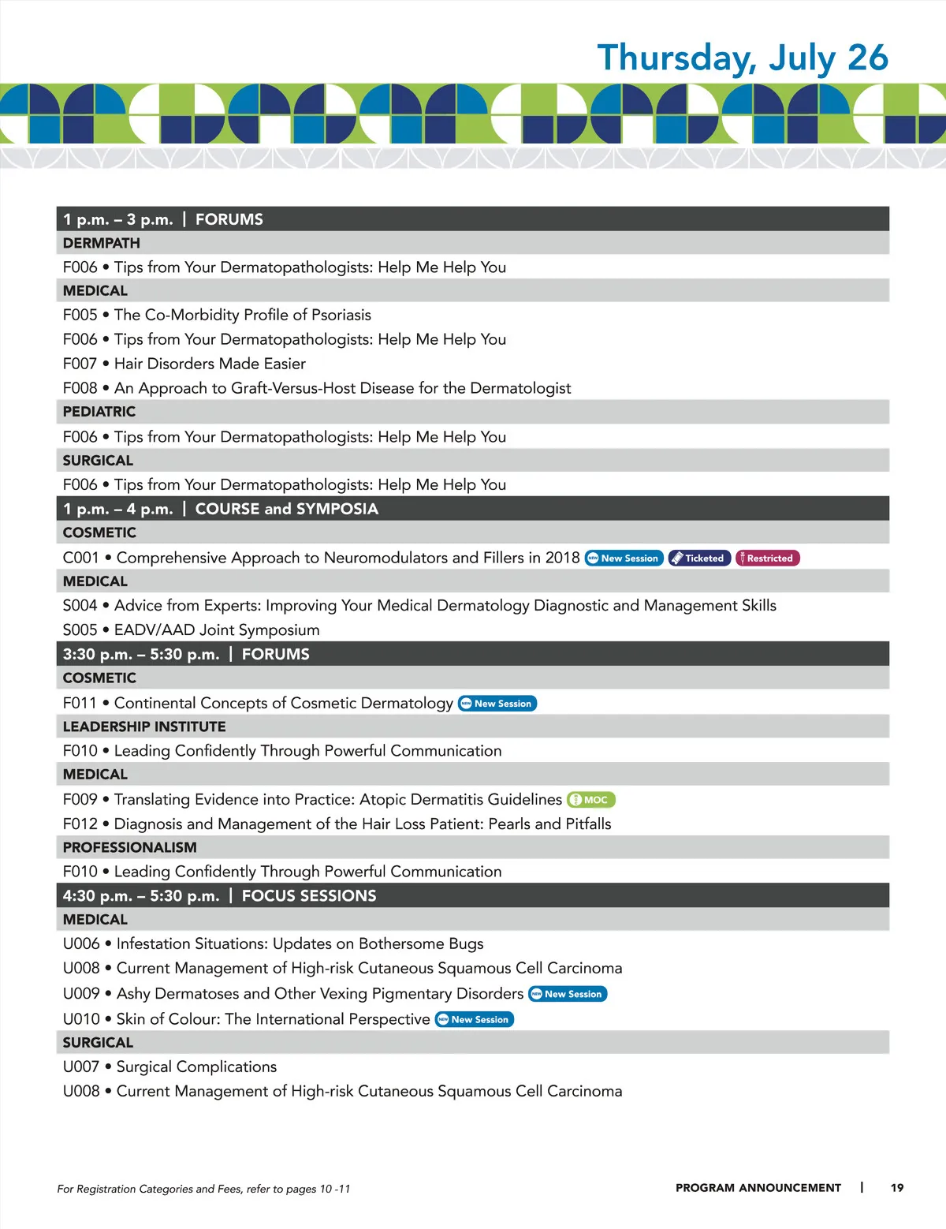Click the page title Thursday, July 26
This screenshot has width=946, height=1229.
click(x=742, y=58)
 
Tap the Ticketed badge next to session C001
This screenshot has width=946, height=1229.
click(x=699, y=558)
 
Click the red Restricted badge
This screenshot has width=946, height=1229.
click(x=767, y=558)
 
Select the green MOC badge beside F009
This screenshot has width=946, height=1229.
click(x=590, y=800)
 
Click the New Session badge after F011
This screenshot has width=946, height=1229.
click(x=497, y=704)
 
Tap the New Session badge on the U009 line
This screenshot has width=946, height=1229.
click(x=568, y=994)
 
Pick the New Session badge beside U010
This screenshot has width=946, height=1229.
click(x=475, y=1019)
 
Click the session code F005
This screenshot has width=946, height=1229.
click(x=80, y=315)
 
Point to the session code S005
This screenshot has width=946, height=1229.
click(x=80, y=630)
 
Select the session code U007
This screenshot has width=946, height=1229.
click(x=81, y=1067)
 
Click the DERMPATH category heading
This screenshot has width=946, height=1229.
click(x=102, y=243)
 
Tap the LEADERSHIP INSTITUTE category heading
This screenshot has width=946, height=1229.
click(x=144, y=727)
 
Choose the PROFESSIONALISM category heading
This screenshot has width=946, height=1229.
click(x=130, y=847)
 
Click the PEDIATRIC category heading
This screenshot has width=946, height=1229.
click(x=99, y=412)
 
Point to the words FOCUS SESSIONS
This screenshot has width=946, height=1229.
click(x=309, y=896)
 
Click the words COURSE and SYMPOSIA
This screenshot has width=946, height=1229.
click(x=287, y=510)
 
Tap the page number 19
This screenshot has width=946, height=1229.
click(x=897, y=1188)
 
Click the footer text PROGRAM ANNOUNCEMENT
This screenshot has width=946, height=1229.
click(x=758, y=1188)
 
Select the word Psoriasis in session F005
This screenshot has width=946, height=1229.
click(x=341, y=315)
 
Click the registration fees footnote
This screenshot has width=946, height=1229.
click(x=203, y=1189)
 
